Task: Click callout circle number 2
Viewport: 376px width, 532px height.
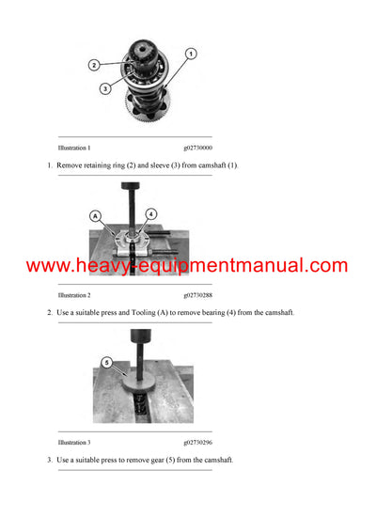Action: tap(94, 65)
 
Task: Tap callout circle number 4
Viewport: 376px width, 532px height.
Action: tap(150, 214)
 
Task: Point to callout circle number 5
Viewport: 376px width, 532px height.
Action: tap(106, 361)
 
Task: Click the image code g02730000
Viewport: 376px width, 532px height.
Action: tap(197, 148)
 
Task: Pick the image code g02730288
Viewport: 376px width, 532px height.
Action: tap(197, 295)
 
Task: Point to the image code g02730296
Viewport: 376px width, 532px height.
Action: tap(197, 442)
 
